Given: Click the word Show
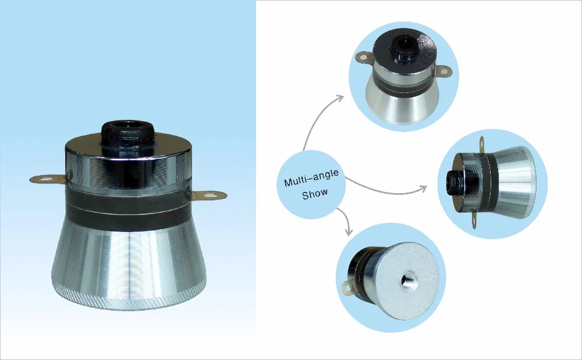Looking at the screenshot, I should click(x=315, y=194).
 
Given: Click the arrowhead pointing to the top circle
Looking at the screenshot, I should click(x=341, y=99).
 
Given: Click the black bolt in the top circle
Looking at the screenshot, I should click(x=402, y=44).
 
